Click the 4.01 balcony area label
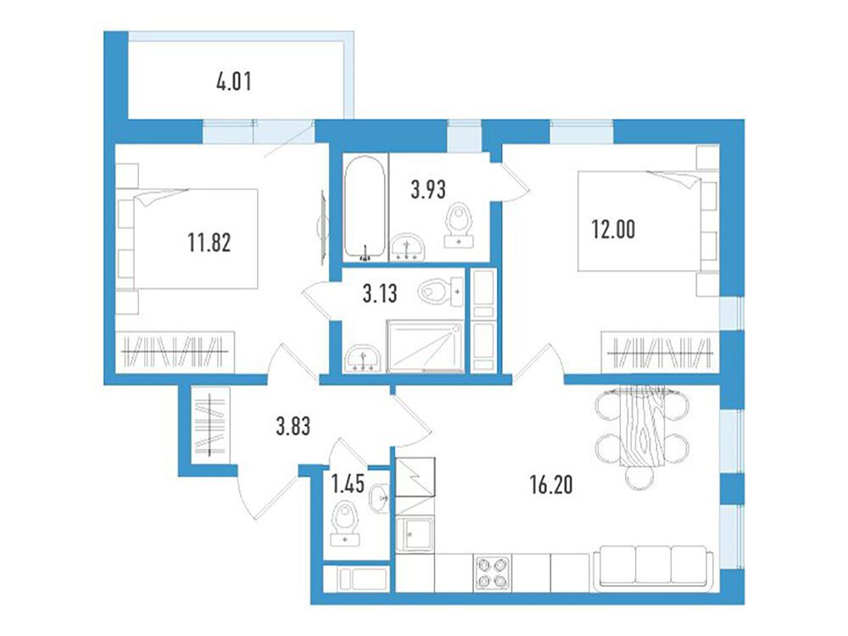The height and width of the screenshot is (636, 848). pyautogui.click(x=234, y=82)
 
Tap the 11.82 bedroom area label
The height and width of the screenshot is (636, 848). pyautogui.click(x=209, y=242)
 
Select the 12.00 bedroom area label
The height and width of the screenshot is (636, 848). pyautogui.click(x=613, y=230)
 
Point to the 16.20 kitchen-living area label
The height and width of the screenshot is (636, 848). pyautogui.click(x=551, y=485)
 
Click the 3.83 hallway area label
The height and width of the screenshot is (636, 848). pyautogui.click(x=293, y=427)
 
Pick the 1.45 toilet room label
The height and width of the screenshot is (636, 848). pyautogui.click(x=348, y=484)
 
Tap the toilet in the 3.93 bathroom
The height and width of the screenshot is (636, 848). pyautogui.click(x=459, y=226)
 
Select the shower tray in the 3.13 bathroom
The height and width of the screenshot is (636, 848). pyautogui.click(x=425, y=346)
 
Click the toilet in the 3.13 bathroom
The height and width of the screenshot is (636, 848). pyautogui.click(x=441, y=293)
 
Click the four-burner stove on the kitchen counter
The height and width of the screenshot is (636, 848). pyautogui.click(x=492, y=572)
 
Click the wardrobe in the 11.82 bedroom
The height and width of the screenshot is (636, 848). pyautogui.click(x=175, y=352)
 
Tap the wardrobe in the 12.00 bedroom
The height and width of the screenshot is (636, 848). pyautogui.click(x=661, y=352)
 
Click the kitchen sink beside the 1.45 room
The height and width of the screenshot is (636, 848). pyautogui.click(x=415, y=534)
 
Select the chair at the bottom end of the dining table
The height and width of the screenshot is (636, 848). pyautogui.click(x=642, y=477)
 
